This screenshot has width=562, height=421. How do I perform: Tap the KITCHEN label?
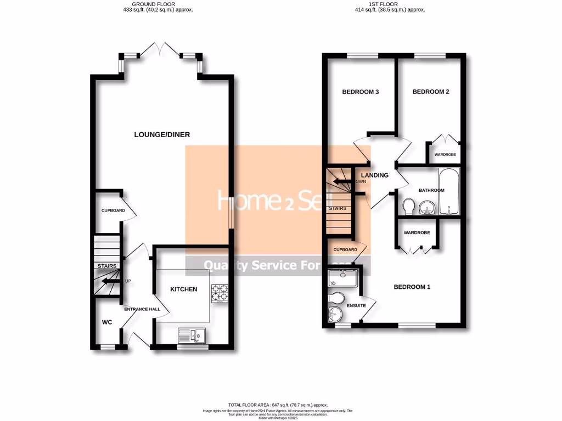click(183, 289)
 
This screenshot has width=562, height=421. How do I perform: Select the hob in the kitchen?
click(220, 294)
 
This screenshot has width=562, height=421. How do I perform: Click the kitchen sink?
click(191, 333)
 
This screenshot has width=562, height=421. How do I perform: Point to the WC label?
click(107, 322)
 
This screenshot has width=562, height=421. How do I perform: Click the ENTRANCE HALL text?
click(142, 309)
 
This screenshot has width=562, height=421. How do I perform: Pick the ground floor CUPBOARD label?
click(113, 210)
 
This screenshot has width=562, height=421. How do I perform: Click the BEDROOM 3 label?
click(361, 92)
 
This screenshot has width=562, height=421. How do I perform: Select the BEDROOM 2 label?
click(431, 92)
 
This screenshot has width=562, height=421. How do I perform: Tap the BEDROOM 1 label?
click(412, 287)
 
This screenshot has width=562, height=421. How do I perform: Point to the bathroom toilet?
click(408, 207)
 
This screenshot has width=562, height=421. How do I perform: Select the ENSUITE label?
click(356, 305)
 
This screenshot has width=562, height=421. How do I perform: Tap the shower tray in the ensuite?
click(344, 278)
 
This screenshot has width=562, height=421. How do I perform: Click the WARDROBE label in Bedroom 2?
click(445, 155)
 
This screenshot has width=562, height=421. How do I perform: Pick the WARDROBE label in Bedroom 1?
click(417, 233)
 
